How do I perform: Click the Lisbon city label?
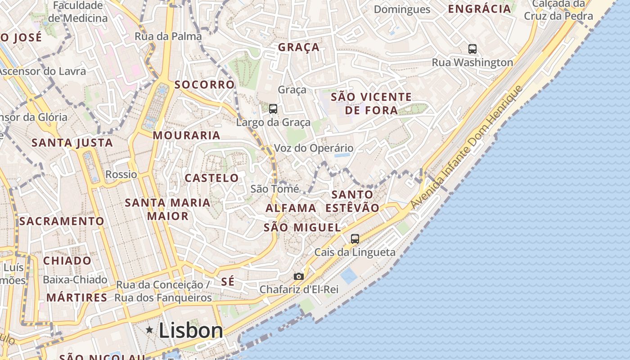pyautogui.click(x=191, y=331)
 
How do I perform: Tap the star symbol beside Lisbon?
pyautogui.click(x=149, y=330)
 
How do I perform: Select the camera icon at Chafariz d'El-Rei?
pyautogui.click(x=298, y=276)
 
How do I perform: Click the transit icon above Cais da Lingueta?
pyautogui.click(x=355, y=239)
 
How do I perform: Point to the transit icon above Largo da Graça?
pyautogui.click(x=273, y=108)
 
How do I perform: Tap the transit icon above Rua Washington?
pyautogui.click(x=472, y=49)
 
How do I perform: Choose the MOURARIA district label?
pyautogui.click(x=187, y=135)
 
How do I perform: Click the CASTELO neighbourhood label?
pyautogui.click(x=212, y=178)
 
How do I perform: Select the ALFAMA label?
pyautogui.click(x=291, y=208)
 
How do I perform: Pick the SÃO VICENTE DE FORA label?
pyautogui.click(x=371, y=103)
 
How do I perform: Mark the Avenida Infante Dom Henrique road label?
pyautogui.click(x=468, y=147)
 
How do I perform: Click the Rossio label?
pyautogui.click(x=121, y=174)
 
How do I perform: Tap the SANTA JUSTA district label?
pyautogui.click(x=72, y=143)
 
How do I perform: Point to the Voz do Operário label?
pyautogui.click(x=314, y=148)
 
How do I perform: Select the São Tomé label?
pyautogui.click(x=274, y=189)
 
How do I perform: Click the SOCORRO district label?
pyautogui.click(x=205, y=85)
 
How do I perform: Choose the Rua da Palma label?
pyautogui.click(x=168, y=36)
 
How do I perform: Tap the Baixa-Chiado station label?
pyautogui.click(x=75, y=279)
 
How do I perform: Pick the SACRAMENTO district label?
pyautogui.click(x=62, y=221)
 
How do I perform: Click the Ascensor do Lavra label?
pyautogui.click(x=43, y=71)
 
